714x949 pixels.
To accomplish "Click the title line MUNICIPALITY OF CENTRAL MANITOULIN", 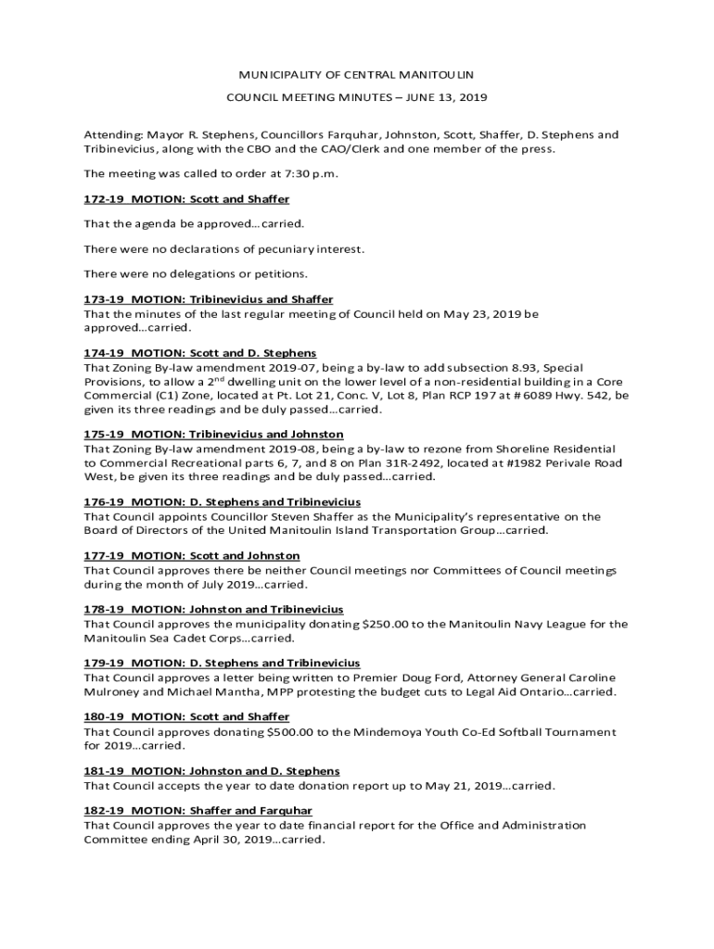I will pos(357,73).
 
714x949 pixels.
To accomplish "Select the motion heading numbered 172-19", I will pos(186,199).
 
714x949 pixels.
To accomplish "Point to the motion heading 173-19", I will pos(208,299).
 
